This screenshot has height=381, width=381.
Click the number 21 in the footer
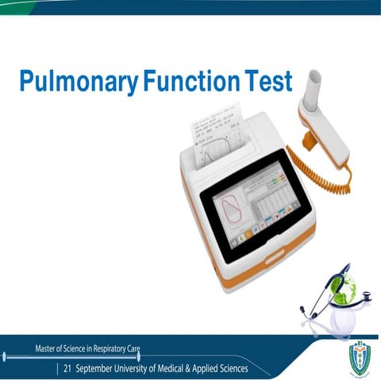67,369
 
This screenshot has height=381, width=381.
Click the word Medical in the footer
184,369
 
